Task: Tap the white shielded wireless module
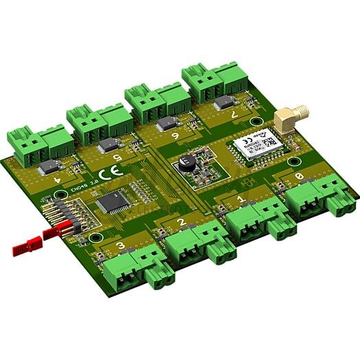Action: tap(254, 145)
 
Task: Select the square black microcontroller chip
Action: tap(112, 203)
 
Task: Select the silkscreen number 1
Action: tap(239, 200)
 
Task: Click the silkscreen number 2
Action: tap(180, 222)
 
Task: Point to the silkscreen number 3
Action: tap(120, 246)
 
